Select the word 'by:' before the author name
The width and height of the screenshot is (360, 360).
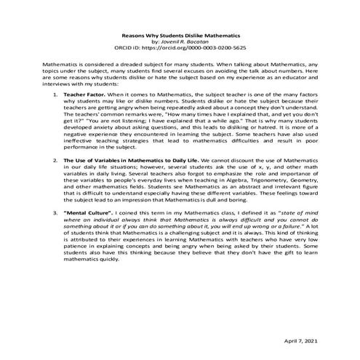click(x=156, y=41)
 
